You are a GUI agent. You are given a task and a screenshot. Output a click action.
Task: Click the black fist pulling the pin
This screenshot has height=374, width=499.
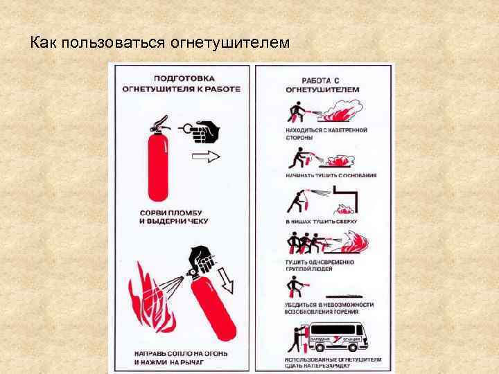(203, 130)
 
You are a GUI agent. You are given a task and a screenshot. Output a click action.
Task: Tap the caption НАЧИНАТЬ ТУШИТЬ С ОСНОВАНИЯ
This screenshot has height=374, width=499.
(331, 176)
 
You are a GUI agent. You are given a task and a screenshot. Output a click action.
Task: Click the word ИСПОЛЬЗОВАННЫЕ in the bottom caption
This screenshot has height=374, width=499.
(313, 360)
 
